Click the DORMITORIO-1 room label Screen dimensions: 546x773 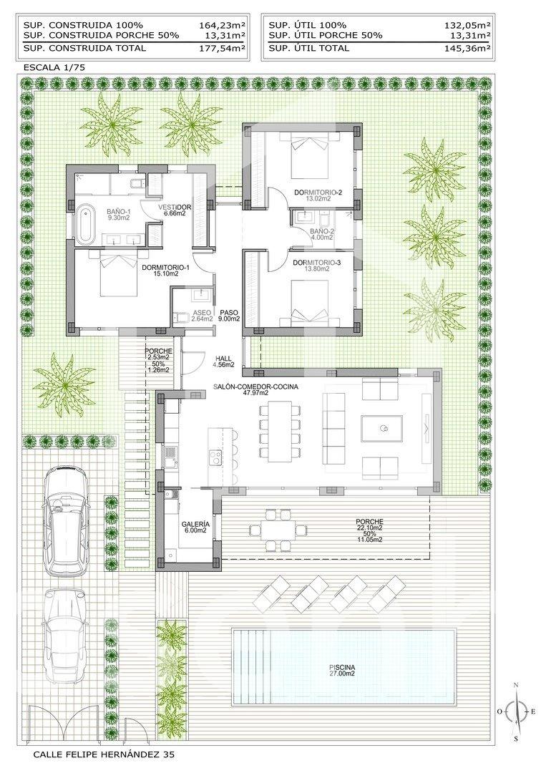pos(165,267)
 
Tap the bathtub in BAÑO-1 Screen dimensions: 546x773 pos(84,223)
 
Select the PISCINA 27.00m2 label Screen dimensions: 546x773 pos(342,671)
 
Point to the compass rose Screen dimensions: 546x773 pos(516,711)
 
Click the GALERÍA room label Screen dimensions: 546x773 pos(195,524)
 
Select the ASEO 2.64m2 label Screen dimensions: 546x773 pos(202,316)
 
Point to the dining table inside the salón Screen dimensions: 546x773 pos(280,431)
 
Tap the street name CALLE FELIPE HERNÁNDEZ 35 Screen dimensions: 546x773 pos(104,754)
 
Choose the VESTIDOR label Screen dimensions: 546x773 pos(175,207)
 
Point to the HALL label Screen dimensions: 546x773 pos(223,359)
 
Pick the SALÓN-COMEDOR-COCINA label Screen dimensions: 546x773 pos(255,387)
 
